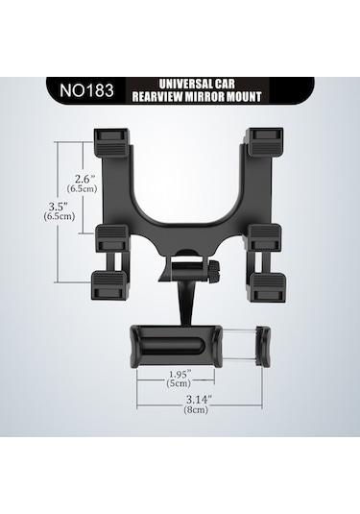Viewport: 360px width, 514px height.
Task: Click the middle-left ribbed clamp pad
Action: point(110,237)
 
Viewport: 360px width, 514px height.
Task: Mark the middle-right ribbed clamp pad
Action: point(262,237)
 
